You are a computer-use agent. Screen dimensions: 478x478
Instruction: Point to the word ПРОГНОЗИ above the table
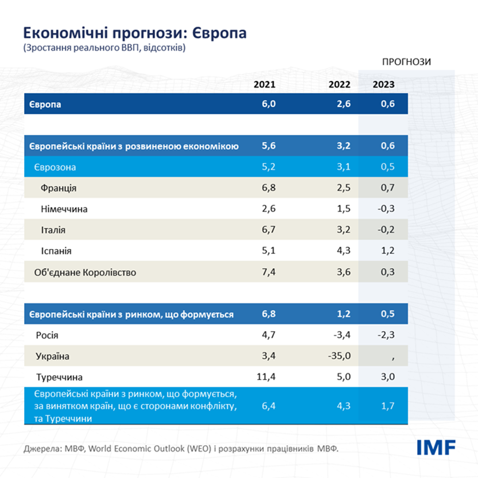(x=407, y=61)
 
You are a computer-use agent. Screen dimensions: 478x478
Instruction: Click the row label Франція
(x=59, y=188)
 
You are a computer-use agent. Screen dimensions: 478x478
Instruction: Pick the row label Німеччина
(x=64, y=209)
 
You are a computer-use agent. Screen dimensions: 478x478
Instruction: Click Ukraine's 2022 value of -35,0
(x=339, y=356)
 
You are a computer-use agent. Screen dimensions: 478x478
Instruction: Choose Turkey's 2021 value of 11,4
(x=266, y=377)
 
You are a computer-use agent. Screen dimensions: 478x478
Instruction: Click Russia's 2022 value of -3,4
(x=342, y=335)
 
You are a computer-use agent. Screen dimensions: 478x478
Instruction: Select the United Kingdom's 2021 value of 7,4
(x=269, y=272)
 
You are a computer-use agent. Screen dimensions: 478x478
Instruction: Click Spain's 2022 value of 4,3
(x=344, y=251)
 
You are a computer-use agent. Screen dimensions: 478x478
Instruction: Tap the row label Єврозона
(x=55, y=167)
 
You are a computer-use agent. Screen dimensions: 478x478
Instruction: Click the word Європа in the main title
(x=217, y=32)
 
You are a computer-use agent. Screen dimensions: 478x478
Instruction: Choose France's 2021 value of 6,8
(x=269, y=188)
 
